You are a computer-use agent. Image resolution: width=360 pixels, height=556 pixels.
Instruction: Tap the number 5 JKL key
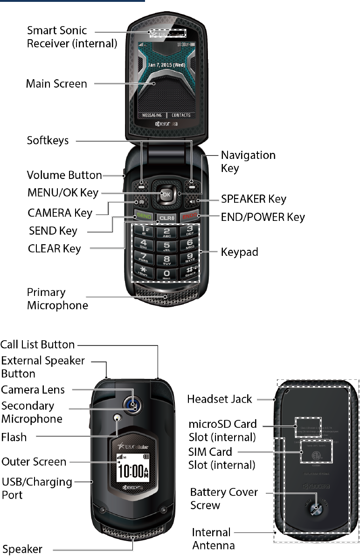pos(166,246)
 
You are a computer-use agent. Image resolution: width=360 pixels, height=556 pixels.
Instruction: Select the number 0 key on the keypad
pos(166,275)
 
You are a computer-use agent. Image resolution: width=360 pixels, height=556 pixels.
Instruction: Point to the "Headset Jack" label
pos(220,399)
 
